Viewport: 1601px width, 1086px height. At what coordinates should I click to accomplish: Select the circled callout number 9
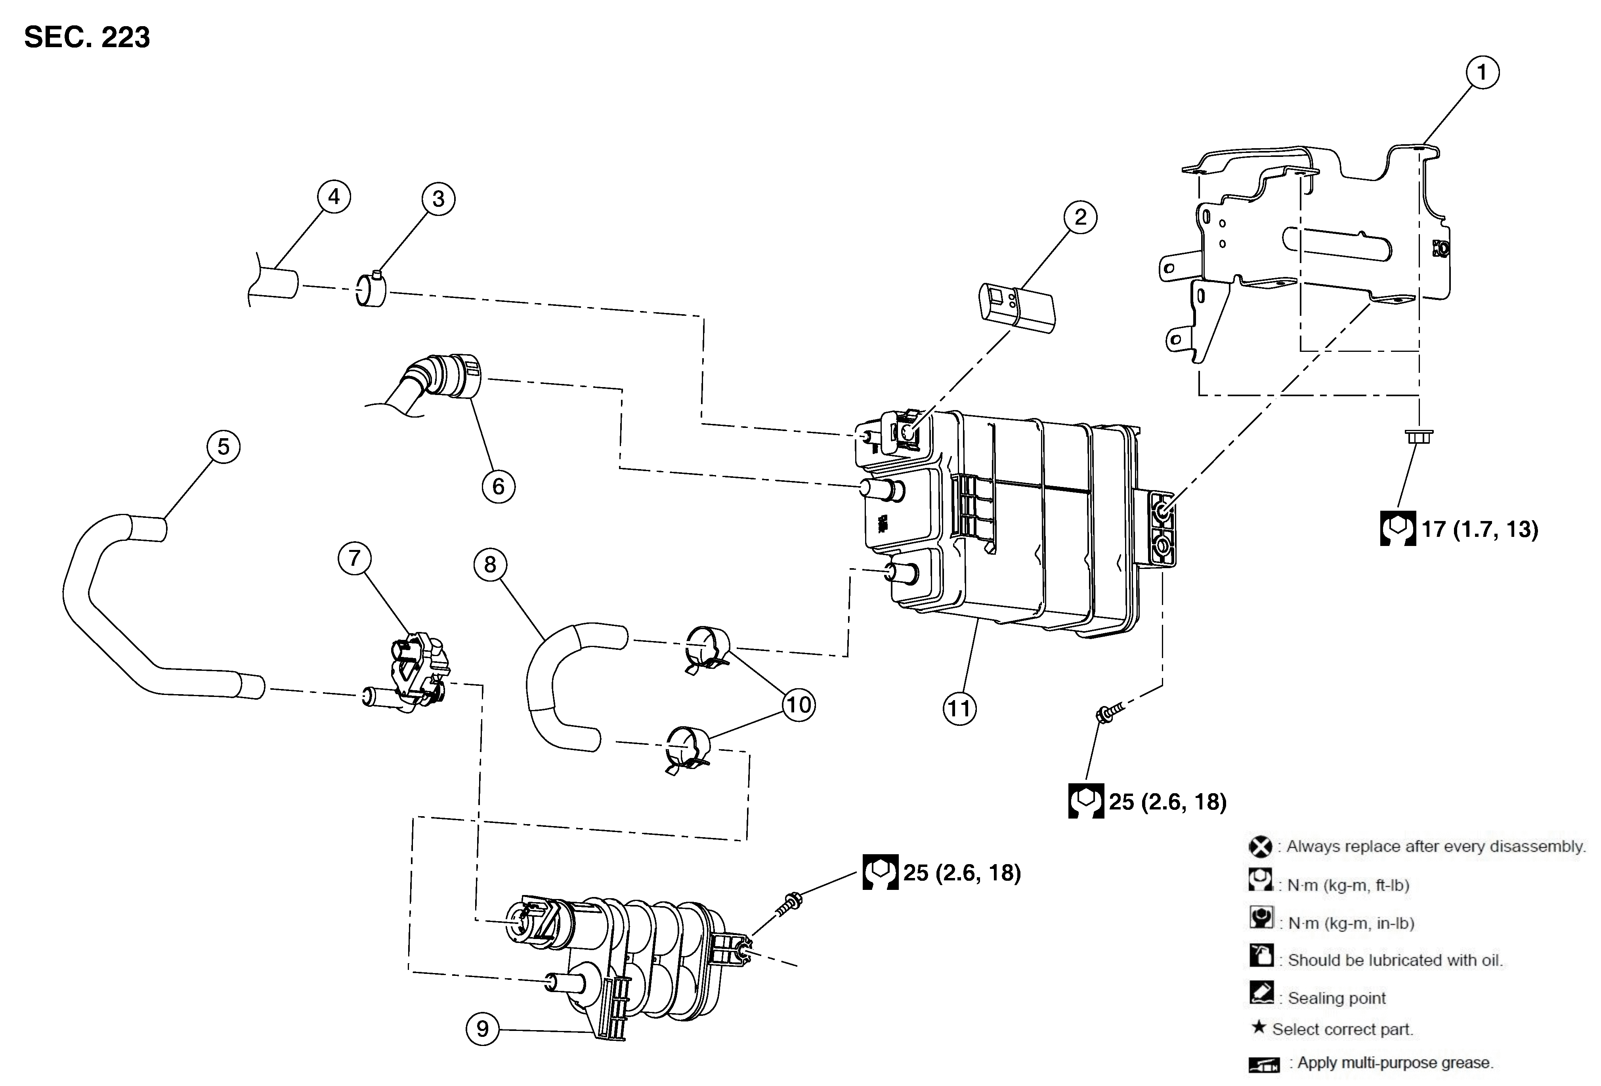pos(482,1028)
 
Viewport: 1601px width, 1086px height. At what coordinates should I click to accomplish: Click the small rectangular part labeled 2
pos(1016,307)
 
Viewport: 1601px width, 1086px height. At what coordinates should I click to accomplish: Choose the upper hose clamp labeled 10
pos(706,647)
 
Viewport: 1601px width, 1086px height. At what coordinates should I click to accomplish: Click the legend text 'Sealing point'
pos(1336,998)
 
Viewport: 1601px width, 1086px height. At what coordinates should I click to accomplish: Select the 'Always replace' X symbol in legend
pos(1260,846)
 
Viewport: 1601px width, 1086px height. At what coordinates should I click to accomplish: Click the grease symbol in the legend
pos(1263,1064)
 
